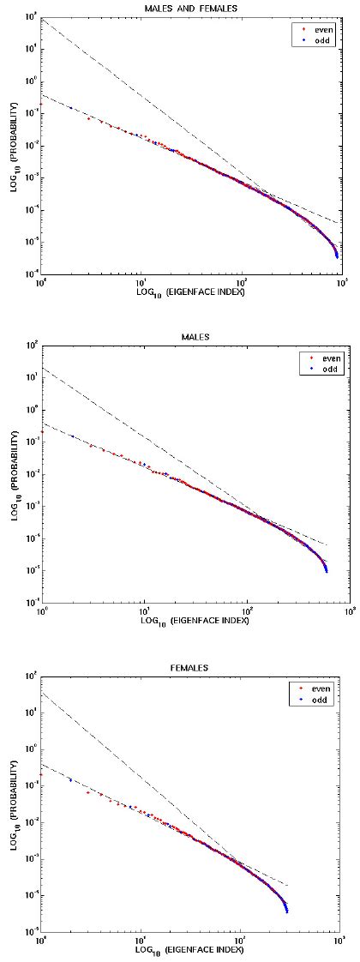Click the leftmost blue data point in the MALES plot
[71, 436]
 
